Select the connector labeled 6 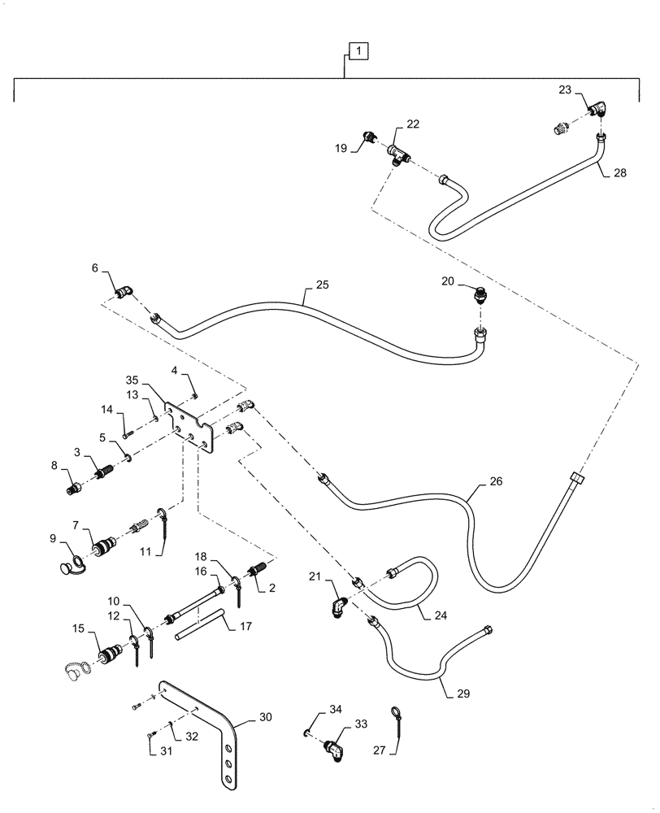point(124,291)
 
